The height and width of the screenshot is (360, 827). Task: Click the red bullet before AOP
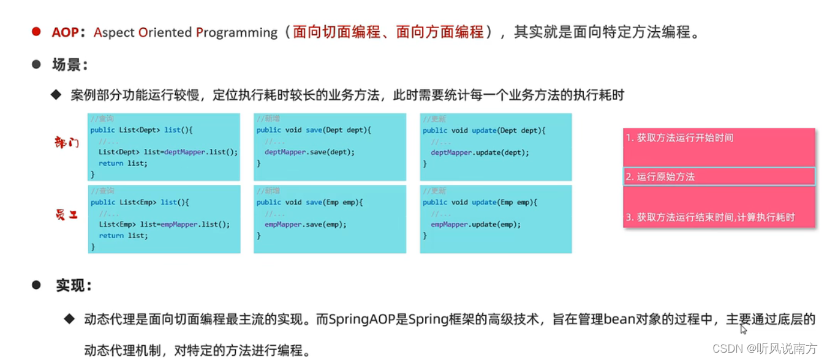coord(36,31)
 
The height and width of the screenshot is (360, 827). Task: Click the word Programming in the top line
coord(236,32)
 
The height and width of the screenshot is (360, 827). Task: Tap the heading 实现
coord(74,285)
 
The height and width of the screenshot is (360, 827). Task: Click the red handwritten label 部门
coord(67,143)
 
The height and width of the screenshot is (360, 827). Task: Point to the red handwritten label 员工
coord(67,215)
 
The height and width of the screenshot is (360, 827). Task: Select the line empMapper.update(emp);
coord(475,225)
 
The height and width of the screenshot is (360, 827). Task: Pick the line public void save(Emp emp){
coord(310,202)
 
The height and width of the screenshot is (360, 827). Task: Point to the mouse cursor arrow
coord(743,329)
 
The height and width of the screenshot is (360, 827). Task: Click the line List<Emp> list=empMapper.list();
coord(164,225)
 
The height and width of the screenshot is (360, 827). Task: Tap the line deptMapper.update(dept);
coord(479,152)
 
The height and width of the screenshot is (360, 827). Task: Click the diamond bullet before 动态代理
coord(70,319)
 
